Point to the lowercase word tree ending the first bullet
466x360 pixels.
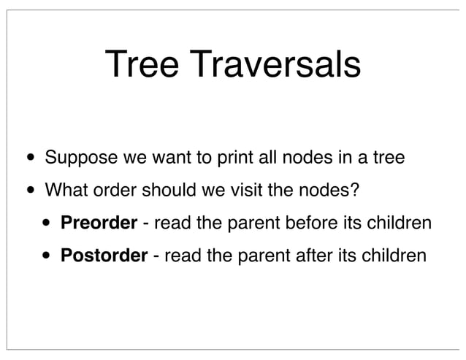coord(388,158)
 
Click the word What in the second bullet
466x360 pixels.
coord(64,191)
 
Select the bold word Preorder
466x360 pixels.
coord(99,223)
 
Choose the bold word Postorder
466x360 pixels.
coord(104,256)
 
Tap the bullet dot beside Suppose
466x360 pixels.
coord(28,158)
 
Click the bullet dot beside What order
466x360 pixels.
coord(28,192)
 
